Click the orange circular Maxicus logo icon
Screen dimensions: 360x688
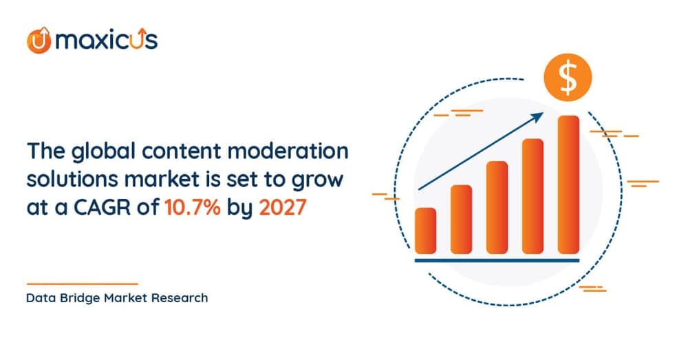click(38, 40)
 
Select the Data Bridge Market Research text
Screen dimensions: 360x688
click(117, 299)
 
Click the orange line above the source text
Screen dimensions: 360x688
click(82, 284)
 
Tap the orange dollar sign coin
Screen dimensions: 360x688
click(568, 80)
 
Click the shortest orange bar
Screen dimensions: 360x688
click(426, 230)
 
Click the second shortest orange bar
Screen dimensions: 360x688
click(461, 219)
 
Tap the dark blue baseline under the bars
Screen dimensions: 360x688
click(497, 260)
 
